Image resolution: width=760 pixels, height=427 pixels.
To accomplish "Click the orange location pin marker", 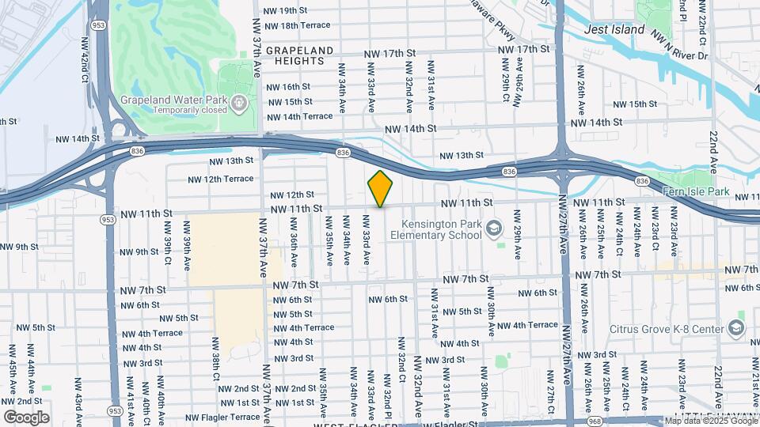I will point(380,188).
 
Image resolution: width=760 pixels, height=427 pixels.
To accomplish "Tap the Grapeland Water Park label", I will point(174,100).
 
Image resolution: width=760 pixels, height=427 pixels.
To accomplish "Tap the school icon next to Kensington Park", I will point(495,229).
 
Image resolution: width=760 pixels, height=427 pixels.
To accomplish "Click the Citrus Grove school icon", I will point(736,328).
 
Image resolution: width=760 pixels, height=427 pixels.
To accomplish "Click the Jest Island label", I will point(614,29).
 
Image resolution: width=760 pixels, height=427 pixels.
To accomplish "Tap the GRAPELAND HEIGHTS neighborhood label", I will point(299,55).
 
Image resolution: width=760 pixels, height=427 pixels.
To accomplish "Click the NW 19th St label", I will point(288,10).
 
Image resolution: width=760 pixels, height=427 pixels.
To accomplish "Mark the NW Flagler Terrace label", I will point(222,417).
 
